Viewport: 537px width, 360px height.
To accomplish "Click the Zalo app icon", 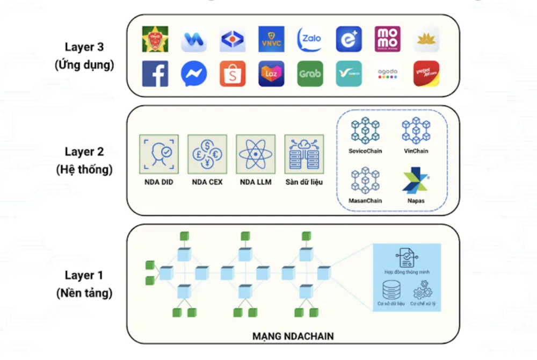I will pos(310,39).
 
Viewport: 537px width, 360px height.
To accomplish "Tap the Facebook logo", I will pos(155,74).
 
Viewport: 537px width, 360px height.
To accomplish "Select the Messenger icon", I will pos(194,74).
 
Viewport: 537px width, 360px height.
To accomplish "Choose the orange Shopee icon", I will pos(233,74).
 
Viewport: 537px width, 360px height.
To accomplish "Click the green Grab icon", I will pos(310,74).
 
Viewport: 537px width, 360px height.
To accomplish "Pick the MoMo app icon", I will pos(388,39).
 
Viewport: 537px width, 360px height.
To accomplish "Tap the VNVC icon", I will pos(271,39).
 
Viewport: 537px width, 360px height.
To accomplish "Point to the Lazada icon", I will pos(271,74).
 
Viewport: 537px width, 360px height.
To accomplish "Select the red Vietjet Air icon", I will pos(426,74).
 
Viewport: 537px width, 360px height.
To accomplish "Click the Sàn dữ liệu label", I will pos(304,182).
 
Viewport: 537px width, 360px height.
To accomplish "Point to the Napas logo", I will pos(415,182).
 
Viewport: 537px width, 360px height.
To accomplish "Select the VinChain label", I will pos(416,151).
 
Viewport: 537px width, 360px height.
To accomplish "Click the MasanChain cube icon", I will pos(365,181).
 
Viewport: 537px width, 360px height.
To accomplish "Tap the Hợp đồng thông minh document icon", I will pos(407,258).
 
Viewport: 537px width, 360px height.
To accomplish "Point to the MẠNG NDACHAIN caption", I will pos(293,337).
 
